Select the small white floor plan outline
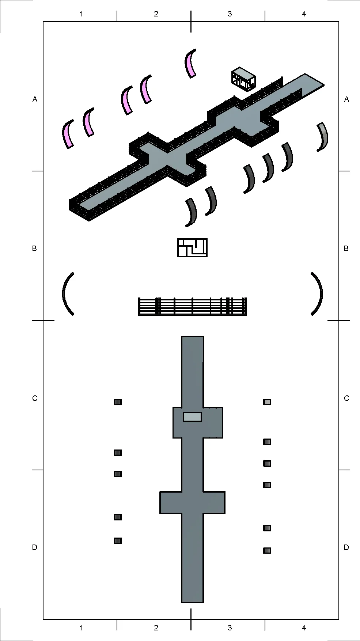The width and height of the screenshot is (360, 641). click(x=192, y=247)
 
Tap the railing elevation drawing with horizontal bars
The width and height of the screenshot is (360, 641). click(x=193, y=306)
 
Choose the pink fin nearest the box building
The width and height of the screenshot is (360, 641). click(x=190, y=63)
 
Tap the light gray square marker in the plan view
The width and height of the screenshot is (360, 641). click(x=267, y=402)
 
